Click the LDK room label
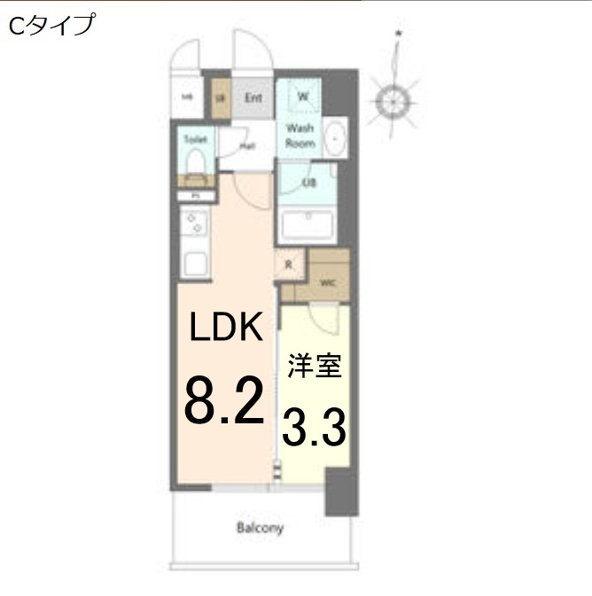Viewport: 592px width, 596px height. coord(226,328)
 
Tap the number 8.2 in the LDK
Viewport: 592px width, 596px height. coord(224,400)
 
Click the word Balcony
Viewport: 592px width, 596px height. coord(261,529)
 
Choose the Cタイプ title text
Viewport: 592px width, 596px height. coord(51,26)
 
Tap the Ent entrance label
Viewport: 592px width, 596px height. coord(253,97)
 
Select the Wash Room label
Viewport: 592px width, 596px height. coord(300,135)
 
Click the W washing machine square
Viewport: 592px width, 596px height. coord(302,96)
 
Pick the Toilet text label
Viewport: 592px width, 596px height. coord(195,140)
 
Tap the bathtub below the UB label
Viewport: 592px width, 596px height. coord(307,227)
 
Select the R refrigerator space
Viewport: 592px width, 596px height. coord(289,265)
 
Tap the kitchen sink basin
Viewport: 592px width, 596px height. coord(195,263)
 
